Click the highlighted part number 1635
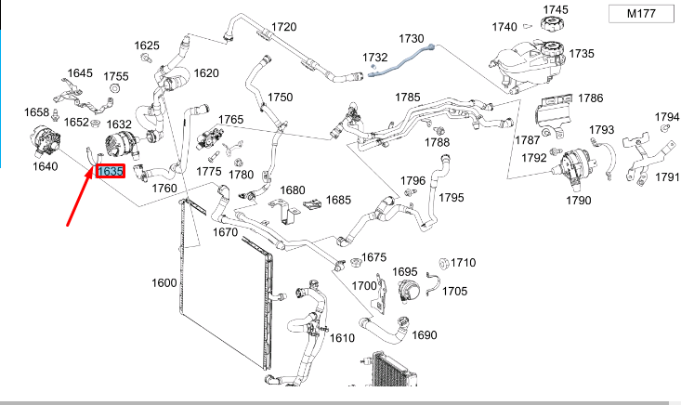111,172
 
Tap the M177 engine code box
640,13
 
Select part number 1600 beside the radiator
164,282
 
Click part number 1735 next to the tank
581,54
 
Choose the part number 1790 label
578,200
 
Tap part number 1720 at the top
283,27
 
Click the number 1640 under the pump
45,167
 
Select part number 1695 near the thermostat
405,271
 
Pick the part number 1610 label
343,337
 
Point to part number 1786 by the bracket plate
590,98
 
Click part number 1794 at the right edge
667,117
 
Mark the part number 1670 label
225,232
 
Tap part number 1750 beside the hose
280,98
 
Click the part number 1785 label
407,97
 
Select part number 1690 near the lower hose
424,334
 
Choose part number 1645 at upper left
80,72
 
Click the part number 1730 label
411,38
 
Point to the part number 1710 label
463,263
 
